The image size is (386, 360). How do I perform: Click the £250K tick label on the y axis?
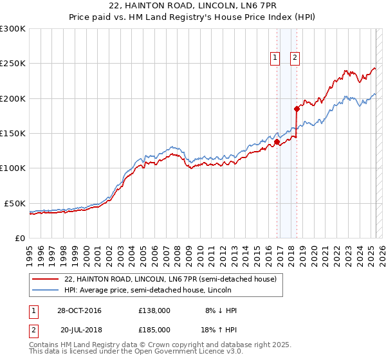pyautogui.click(x=13, y=64)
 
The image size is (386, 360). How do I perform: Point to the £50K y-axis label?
pyautogui.click(x=15, y=203)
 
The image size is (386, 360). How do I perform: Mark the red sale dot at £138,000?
pyautogui.click(x=277, y=142)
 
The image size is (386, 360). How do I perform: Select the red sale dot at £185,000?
pyautogui.click(x=297, y=109)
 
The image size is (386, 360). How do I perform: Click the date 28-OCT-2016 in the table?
pyautogui.click(x=79, y=310)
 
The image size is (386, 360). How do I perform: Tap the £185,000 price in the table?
pyautogui.click(x=154, y=329)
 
